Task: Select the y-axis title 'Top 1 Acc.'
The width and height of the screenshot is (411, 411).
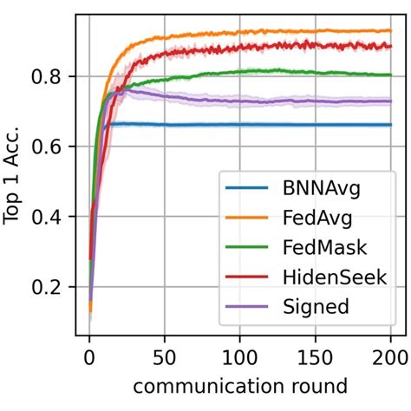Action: pos(16,173)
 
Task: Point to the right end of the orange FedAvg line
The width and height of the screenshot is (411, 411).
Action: pos(390,31)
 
